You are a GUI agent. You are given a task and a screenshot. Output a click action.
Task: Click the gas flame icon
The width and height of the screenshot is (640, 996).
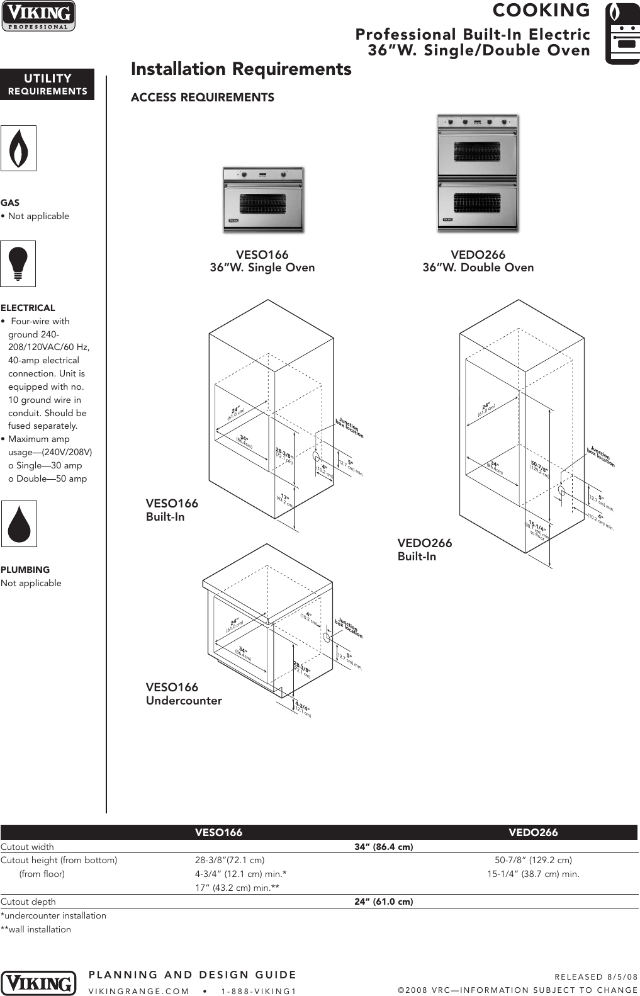point(18,148)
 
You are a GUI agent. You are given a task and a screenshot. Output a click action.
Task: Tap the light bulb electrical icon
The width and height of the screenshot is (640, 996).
point(18,263)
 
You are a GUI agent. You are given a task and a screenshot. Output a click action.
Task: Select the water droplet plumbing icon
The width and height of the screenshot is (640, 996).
point(19,523)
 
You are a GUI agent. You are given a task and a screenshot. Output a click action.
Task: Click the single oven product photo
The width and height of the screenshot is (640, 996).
point(263,200)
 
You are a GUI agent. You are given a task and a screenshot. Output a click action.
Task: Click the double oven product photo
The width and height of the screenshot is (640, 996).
point(478,173)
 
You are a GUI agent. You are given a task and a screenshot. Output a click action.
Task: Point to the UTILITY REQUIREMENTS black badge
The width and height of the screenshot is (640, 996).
point(47,84)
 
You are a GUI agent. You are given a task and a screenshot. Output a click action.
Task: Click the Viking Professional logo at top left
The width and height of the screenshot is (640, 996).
point(38,16)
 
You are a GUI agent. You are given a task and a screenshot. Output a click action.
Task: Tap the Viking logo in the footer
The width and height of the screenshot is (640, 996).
point(38,983)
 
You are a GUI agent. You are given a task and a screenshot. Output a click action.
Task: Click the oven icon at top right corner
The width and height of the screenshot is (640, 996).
point(622,33)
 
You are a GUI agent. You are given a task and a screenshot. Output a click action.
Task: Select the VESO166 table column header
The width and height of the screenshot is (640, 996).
point(218,832)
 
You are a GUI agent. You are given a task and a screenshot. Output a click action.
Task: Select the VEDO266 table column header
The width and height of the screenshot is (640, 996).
point(533,832)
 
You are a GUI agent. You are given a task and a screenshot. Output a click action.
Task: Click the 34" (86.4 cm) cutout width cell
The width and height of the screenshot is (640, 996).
point(383,847)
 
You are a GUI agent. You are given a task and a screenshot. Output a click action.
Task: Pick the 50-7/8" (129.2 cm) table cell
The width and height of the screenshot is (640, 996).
point(533,860)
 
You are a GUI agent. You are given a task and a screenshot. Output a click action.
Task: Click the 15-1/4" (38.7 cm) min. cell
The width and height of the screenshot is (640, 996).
point(533,874)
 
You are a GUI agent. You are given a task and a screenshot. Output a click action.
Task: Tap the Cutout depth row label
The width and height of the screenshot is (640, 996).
point(28,902)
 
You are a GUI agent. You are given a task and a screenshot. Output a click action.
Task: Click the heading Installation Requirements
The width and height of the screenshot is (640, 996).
point(241,69)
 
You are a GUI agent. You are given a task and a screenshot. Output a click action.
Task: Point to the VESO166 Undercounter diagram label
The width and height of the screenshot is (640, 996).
point(184,694)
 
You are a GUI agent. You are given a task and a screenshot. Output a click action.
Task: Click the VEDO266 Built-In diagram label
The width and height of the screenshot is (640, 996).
point(424,550)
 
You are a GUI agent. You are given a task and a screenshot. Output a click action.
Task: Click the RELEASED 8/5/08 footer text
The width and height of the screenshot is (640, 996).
point(595,976)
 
